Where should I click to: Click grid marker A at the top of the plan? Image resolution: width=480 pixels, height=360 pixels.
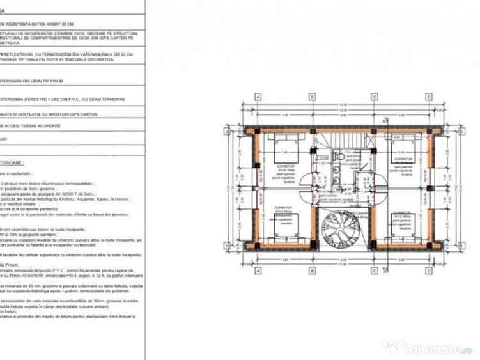point(259,97)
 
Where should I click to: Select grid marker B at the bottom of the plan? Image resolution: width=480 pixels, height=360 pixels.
point(313,276)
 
